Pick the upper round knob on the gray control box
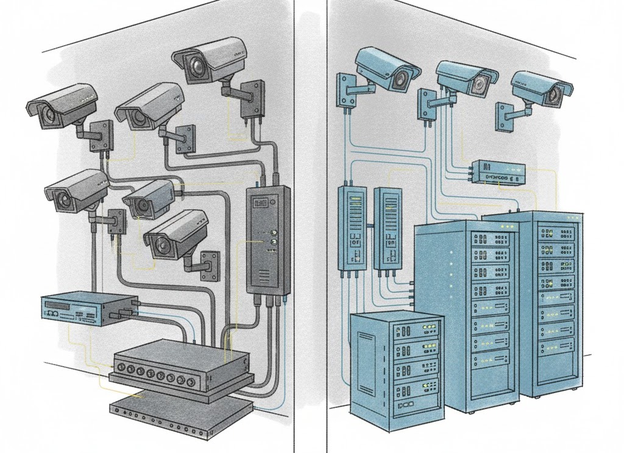tap(272, 232)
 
